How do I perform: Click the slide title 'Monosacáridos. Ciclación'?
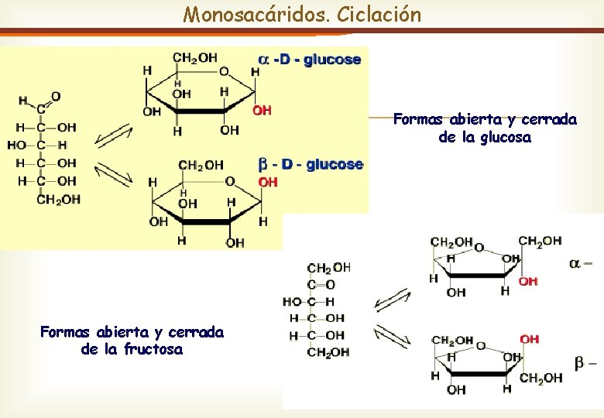[302, 14]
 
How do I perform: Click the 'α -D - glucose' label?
[310, 60]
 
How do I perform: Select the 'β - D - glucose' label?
[311, 164]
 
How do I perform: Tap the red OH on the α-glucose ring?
[263, 110]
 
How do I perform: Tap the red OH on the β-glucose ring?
[268, 182]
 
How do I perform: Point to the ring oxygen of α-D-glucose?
[224, 71]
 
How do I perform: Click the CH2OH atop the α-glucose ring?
[194, 57]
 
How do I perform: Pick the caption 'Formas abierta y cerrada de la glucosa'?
[485, 128]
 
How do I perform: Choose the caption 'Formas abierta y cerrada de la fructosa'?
[132, 341]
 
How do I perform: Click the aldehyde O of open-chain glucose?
[56, 97]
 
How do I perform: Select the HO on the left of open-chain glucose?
[16, 145]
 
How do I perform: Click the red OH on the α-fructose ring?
[528, 281]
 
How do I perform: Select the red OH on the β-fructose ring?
[530, 339]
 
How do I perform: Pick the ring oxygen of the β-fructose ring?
[481, 346]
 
